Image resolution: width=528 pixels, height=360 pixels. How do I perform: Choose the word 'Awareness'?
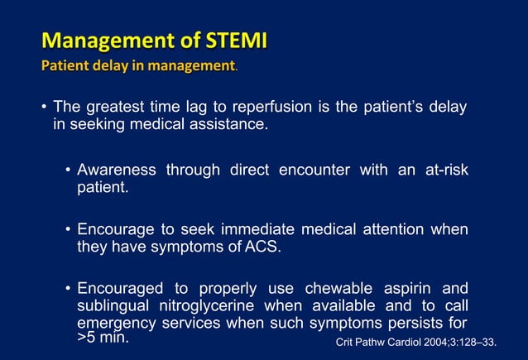(117, 170)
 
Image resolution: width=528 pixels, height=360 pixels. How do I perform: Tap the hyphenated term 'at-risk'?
(441, 170)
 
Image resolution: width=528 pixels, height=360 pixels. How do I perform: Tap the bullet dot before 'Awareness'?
(67, 170)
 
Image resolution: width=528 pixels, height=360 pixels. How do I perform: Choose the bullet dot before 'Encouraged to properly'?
(67, 289)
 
